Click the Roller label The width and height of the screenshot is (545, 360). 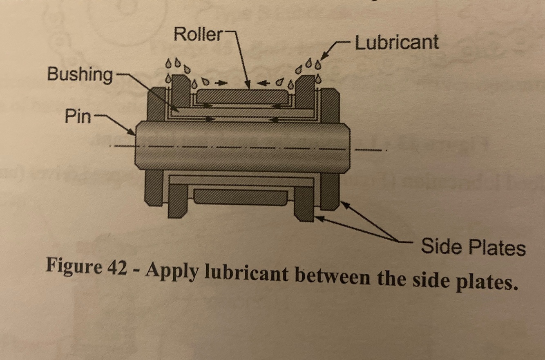(198, 34)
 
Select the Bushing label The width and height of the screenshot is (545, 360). (80, 75)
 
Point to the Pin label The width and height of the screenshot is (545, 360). (77, 117)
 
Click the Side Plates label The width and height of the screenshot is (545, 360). (473, 247)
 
